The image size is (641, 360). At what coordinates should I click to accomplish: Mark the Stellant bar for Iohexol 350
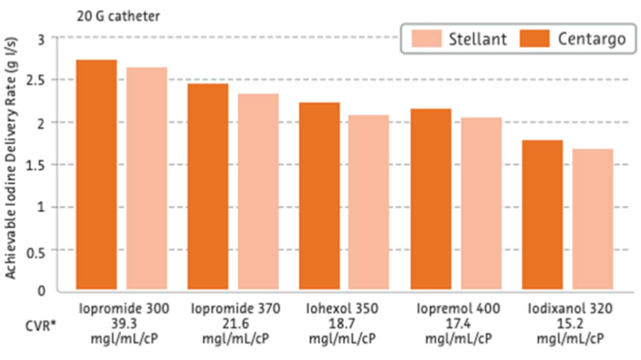pyautogui.click(x=369, y=203)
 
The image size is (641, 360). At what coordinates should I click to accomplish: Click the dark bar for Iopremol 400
pyautogui.click(x=431, y=200)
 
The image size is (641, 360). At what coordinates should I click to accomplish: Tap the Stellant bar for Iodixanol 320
pyautogui.click(x=593, y=220)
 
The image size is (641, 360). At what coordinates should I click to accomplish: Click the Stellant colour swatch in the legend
pyautogui.click(x=427, y=38)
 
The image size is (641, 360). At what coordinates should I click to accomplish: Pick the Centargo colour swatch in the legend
pyautogui.click(x=534, y=38)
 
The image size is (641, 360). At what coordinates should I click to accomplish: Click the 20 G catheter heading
pyautogui.click(x=118, y=16)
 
